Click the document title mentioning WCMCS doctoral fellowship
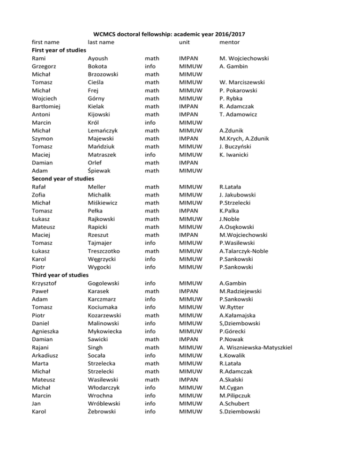point(180,34)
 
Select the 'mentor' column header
point(229,43)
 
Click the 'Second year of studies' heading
point(63,179)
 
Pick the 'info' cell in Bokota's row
point(151,67)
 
